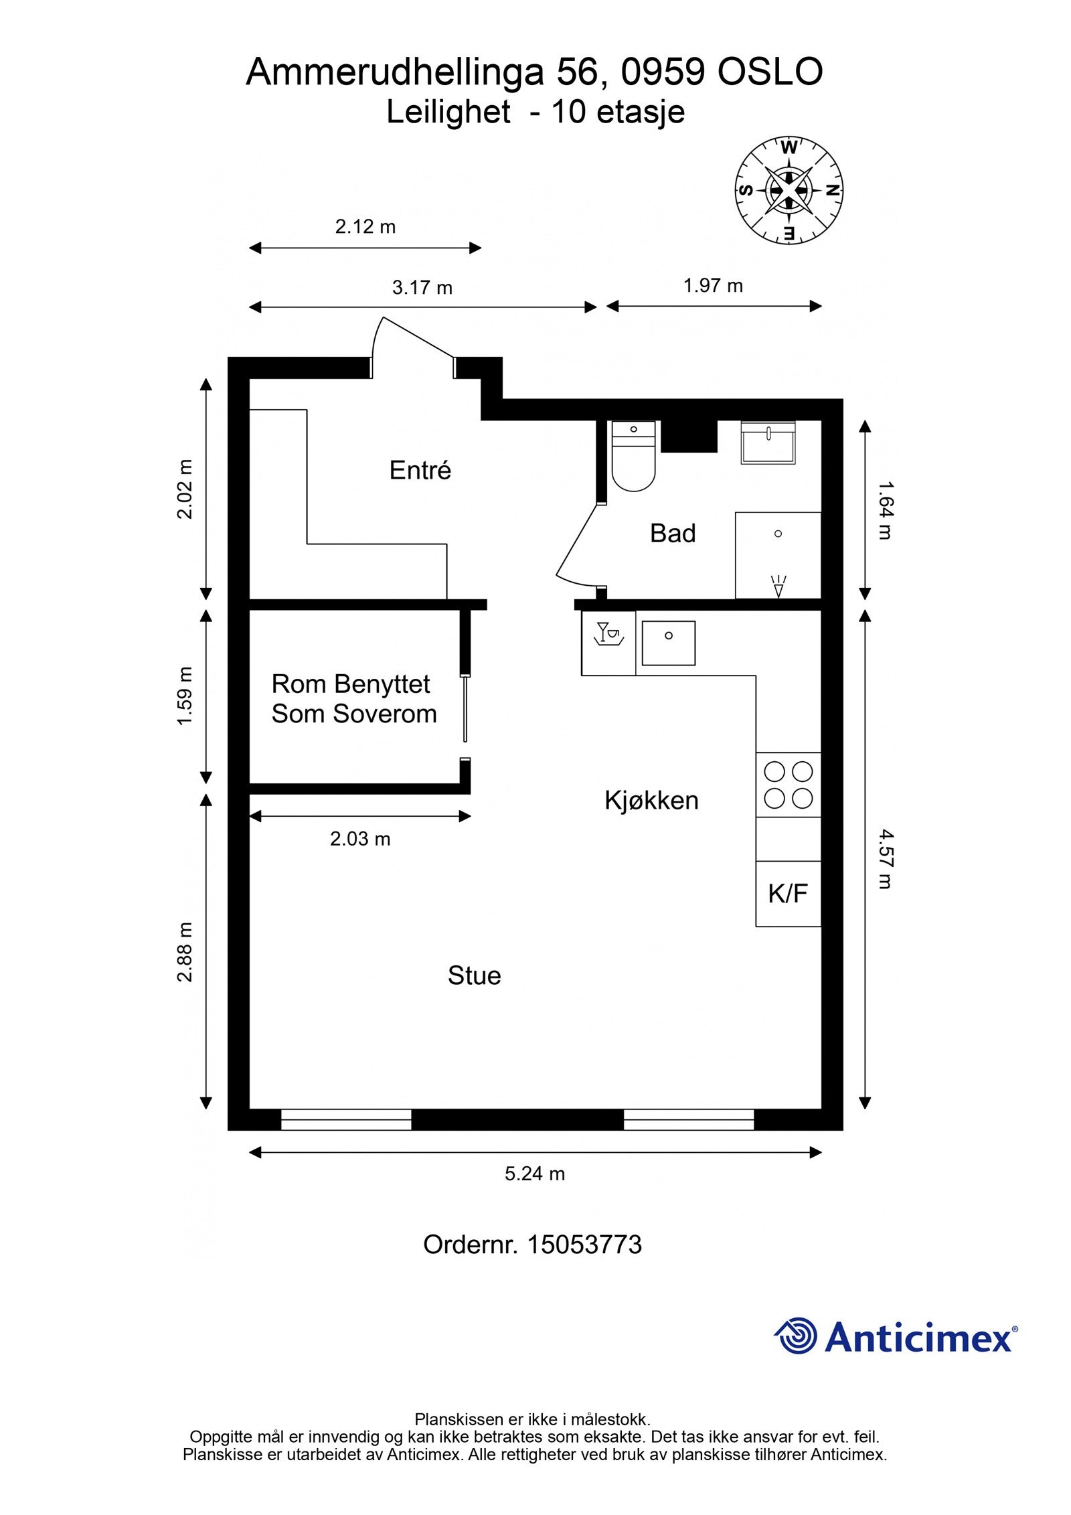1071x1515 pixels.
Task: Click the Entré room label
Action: tap(420, 470)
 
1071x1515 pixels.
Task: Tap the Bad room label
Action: tap(673, 533)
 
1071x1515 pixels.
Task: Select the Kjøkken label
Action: tap(651, 800)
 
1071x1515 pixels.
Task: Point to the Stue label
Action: tap(474, 975)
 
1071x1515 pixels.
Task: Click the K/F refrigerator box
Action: tap(789, 894)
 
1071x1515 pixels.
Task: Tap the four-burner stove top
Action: tap(789, 785)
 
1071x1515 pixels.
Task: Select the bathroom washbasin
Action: tap(768, 443)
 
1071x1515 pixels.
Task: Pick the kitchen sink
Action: tap(668, 643)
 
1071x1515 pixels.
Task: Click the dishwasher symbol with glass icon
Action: tap(608, 643)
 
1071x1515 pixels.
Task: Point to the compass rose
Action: tap(789, 190)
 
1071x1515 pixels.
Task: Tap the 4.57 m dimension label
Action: tap(885, 859)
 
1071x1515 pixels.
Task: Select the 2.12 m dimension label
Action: tap(365, 227)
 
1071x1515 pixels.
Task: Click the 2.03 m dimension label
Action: tap(360, 839)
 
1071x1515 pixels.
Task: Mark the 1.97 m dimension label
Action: tap(713, 286)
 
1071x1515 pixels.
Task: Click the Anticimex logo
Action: tap(896, 1336)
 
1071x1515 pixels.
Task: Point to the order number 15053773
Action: tap(584, 1245)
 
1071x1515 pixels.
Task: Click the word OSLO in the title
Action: tap(770, 72)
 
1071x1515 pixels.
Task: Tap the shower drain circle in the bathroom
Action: tap(778, 534)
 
